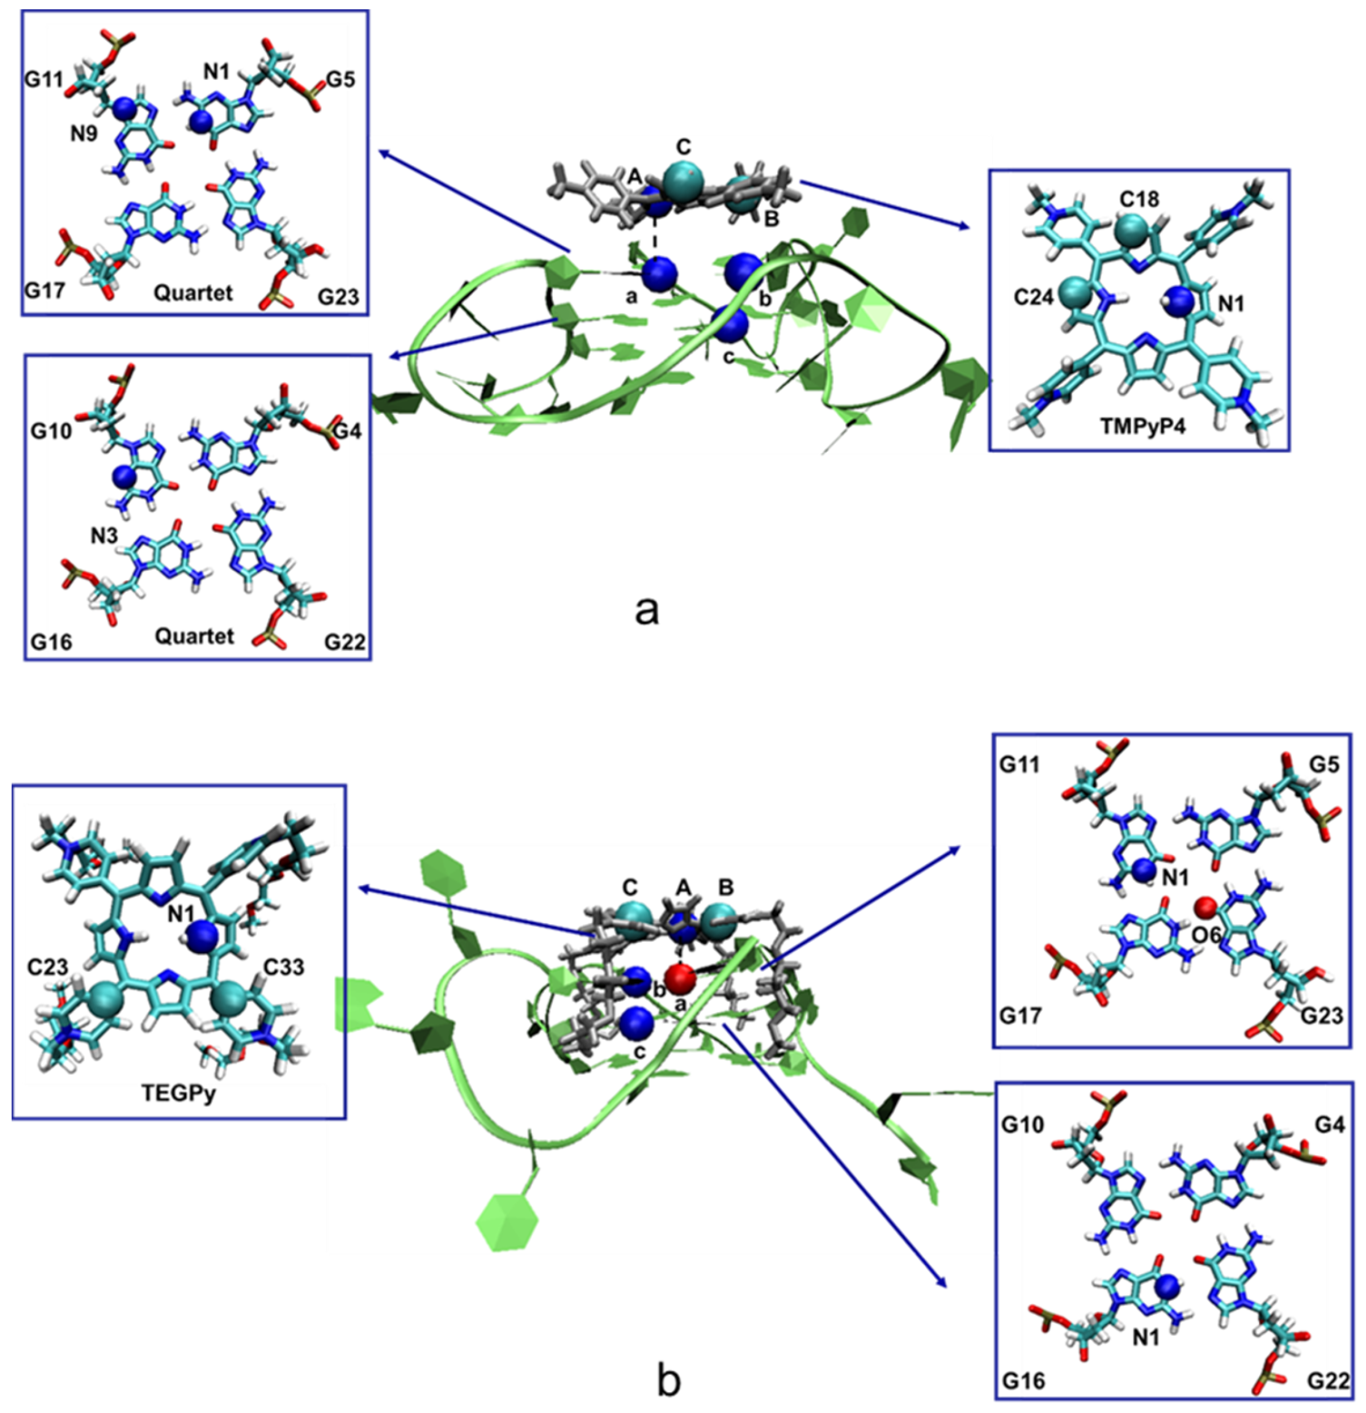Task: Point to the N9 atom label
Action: click(x=84, y=134)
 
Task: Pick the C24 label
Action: click(x=1034, y=296)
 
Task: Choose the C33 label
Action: click(x=283, y=966)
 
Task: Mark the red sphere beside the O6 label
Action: click(x=1206, y=906)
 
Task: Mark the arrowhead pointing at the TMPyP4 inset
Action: click(x=966, y=227)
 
